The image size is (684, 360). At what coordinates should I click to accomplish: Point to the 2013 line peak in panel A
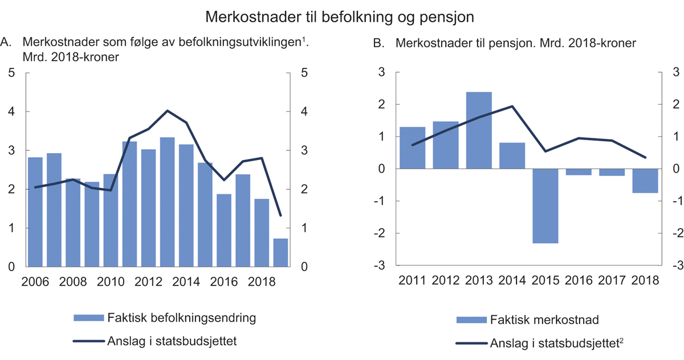(167, 111)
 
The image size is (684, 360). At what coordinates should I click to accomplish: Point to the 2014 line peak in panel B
(511, 106)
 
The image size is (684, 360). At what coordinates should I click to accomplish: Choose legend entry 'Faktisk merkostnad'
(544, 320)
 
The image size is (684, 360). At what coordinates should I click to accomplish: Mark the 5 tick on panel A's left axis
(11, 73)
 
